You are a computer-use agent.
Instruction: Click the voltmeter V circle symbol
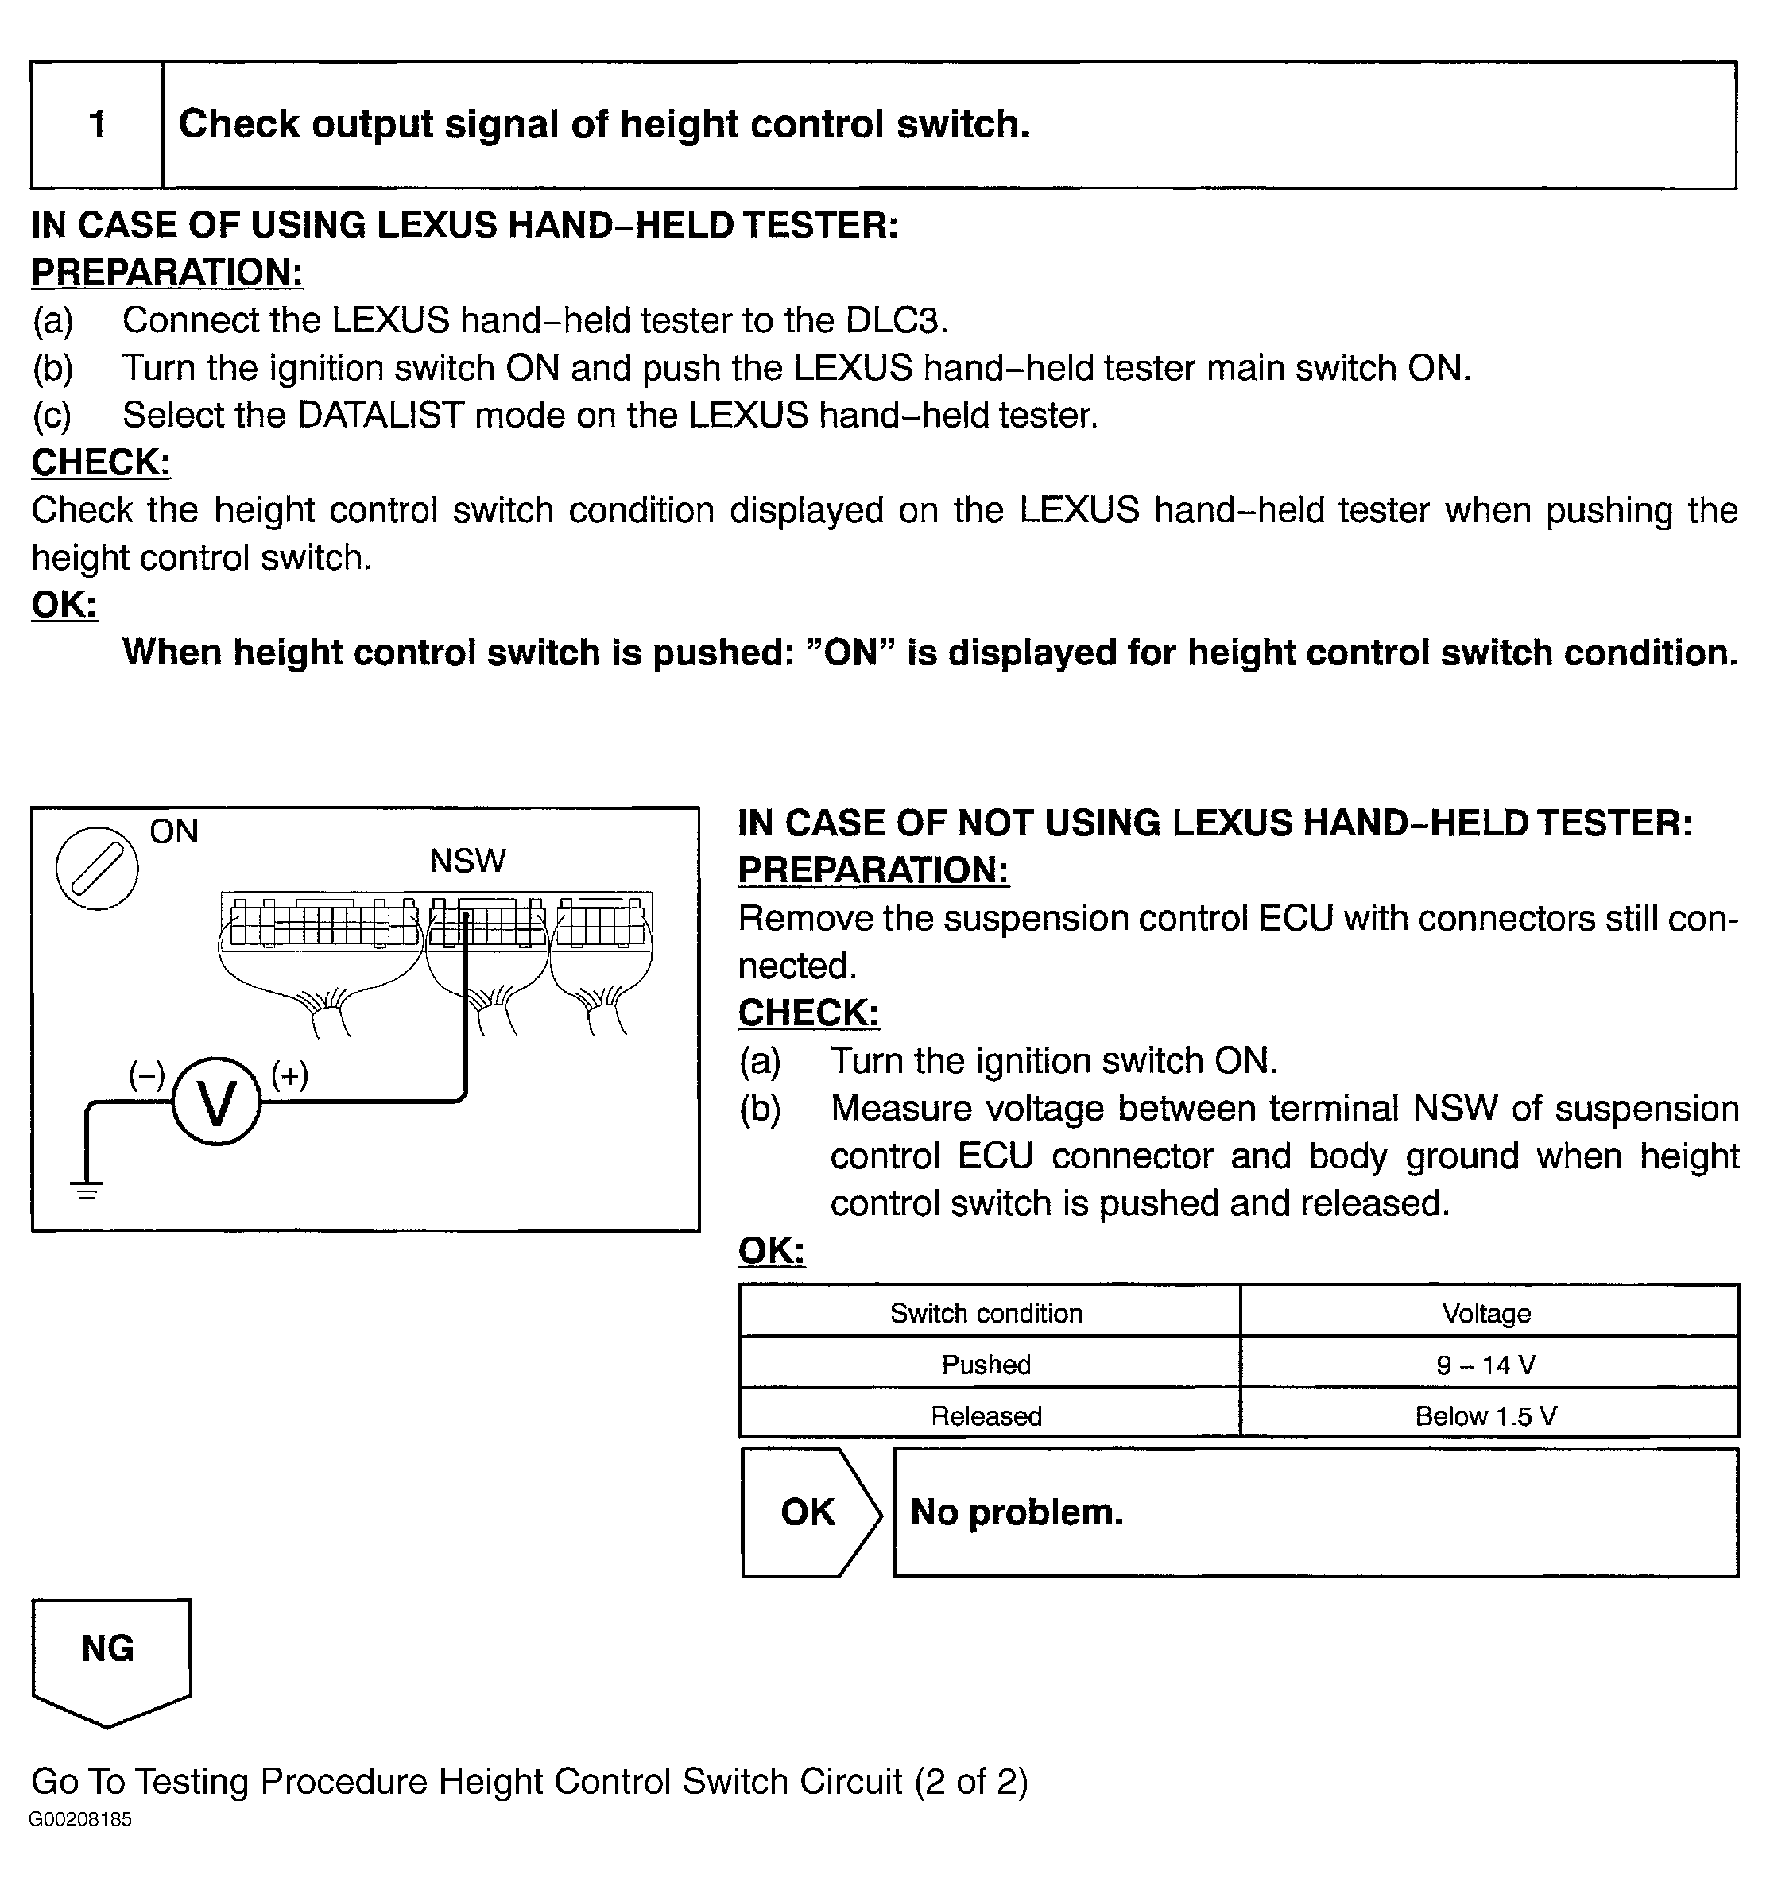pyautogui.click(x=216, y=1102)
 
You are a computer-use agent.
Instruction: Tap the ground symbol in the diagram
pyautogui.click(x=87, y=1190)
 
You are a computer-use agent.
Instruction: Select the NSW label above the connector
pyautogui.click(x=467, y=862)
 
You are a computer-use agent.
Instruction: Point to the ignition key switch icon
pyautogui.click(x=97, y=868)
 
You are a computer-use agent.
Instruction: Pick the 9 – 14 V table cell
pyautogui.click(x=1486, y=1364)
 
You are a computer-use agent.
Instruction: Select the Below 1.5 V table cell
pyautogui.click(x=1486, y=1415)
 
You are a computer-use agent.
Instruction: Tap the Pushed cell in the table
pyautogui.click(x=986, y=1364)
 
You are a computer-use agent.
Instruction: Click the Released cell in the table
pyautogui.click(x=986, y=1415)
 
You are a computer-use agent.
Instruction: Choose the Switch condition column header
pyautogui.click(x=986, y=1313)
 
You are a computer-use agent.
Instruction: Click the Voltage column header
pyautogui.click(x=1486, y=1313)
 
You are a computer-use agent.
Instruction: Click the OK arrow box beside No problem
pyautogui.click(x=809, y=1512)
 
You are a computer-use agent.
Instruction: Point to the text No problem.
pyautogui.click(x=1017, y=1512)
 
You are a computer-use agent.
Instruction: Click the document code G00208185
pyautogui.click(x=80, y=1818)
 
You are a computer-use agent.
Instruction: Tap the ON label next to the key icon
pyautogui.click(x=173, y=832)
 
